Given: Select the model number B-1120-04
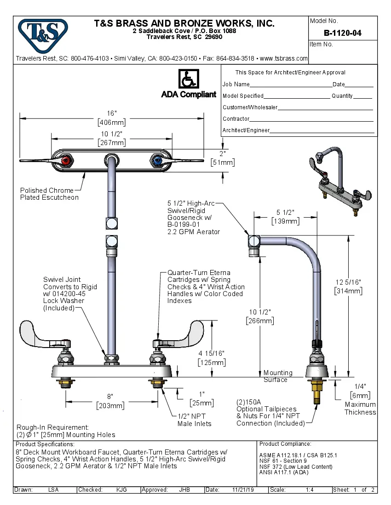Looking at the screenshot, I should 342,33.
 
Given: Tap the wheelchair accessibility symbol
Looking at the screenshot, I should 188,79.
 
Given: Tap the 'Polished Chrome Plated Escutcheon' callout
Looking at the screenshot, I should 49,194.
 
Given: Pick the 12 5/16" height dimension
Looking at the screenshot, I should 348,287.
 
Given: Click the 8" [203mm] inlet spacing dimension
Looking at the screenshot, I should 110,401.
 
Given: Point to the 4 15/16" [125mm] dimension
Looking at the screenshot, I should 212,358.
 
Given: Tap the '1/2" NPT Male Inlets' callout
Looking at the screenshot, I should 195,420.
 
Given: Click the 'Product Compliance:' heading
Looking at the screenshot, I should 285,444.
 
